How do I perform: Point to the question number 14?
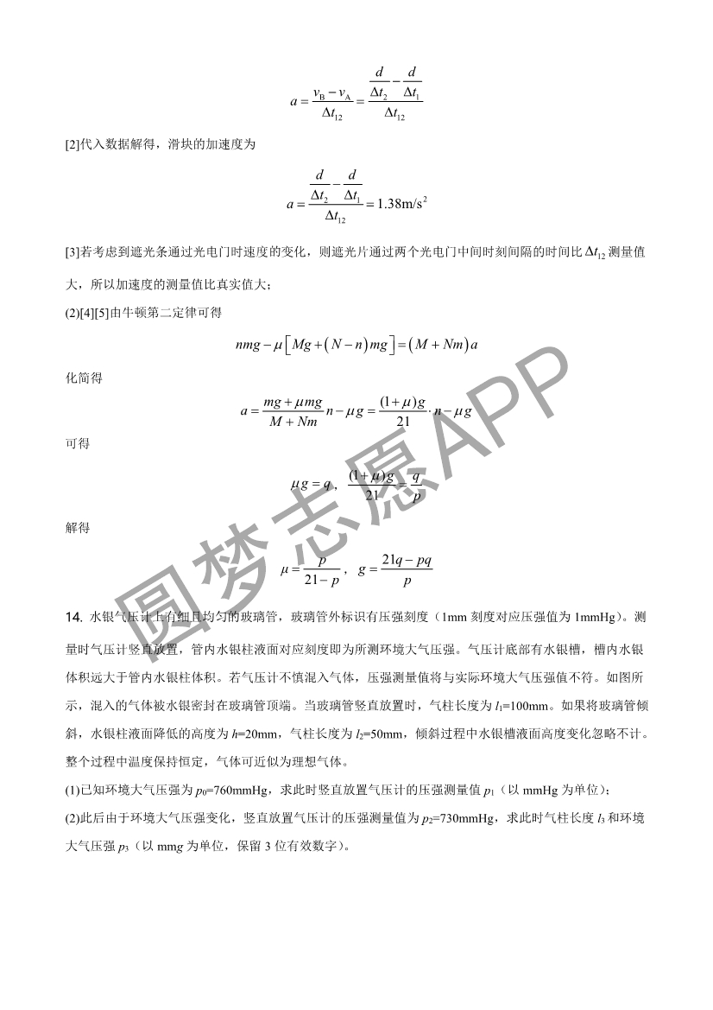point(73,617)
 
